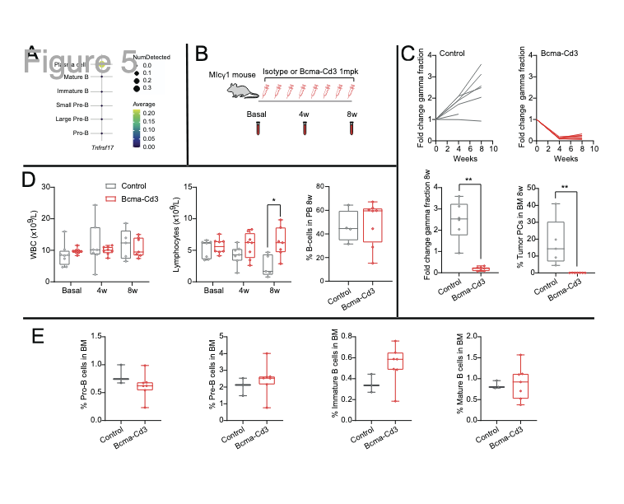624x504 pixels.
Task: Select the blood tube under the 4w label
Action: tap(305, 128)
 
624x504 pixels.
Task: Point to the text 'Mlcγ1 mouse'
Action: tap(231, 73)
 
